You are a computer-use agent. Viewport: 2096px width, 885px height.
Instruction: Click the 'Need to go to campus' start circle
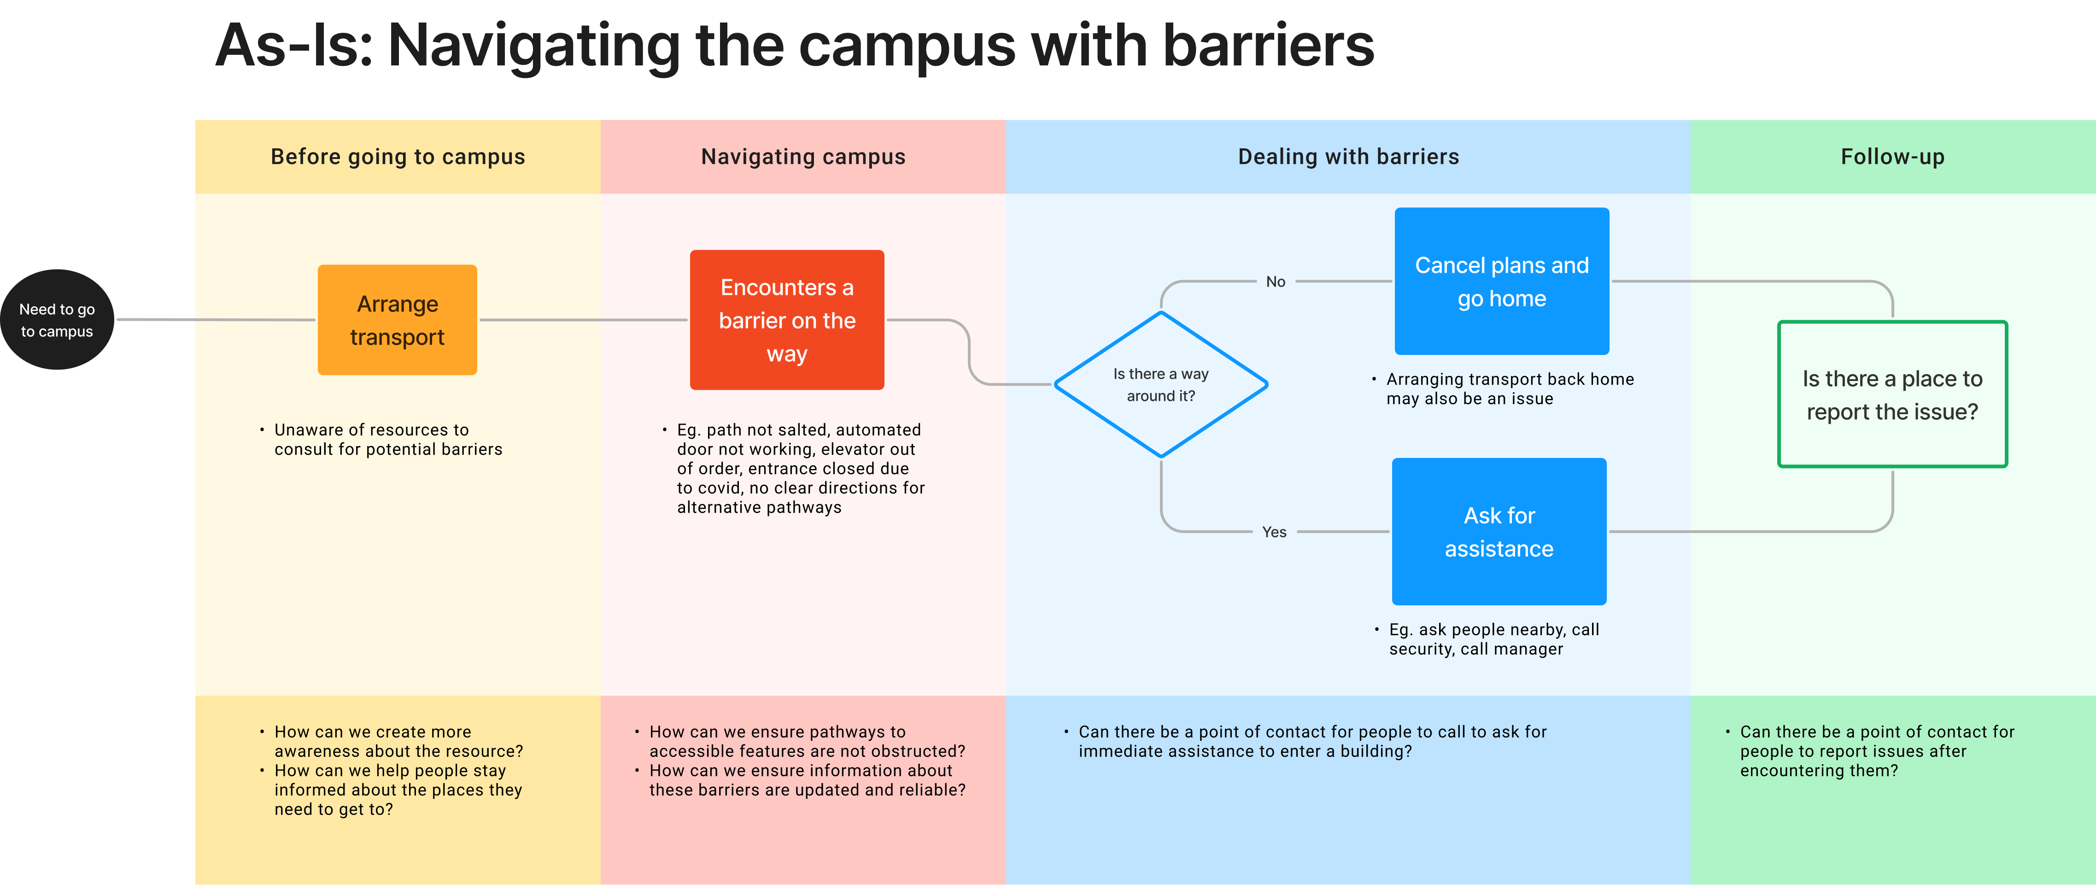tap(57, 320)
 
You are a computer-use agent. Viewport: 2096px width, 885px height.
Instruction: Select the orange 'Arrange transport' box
tap(397, 320)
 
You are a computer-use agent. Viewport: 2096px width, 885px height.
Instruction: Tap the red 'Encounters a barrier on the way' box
tap(787, 320)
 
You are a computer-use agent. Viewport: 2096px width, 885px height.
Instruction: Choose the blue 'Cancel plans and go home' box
tap(1501, 281)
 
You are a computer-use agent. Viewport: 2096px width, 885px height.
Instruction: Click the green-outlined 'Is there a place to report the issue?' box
tap(1892, 394)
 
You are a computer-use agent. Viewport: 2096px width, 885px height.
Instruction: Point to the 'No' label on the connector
tap(1275, 281)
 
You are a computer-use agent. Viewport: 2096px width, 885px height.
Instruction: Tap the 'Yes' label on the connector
tap(1274, 532)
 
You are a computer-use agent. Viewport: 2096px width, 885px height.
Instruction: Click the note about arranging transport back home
tap(1509, 389)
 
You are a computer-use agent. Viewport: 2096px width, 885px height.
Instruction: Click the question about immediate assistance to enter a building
tap(1311, 741)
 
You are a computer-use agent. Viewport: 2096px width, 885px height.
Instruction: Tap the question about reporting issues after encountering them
tap(1876, 751)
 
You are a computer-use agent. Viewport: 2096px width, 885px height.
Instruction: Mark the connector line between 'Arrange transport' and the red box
tap(583, 320)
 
